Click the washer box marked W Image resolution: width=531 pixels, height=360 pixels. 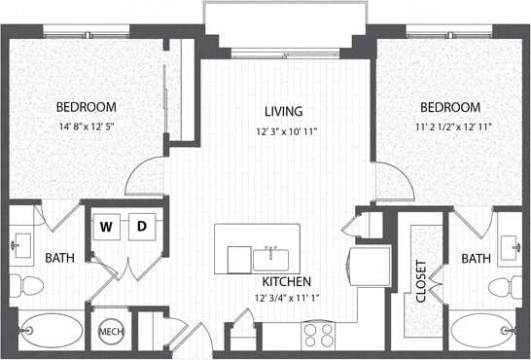pos(108,227)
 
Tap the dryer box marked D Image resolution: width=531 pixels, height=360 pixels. pos(141,227)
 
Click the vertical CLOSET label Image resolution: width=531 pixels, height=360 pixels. pos(421,279)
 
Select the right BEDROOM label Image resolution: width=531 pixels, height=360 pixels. pos(450,107)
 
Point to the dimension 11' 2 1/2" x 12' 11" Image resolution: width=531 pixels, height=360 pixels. pos(450,125)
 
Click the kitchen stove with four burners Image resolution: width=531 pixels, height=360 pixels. pos(317,335)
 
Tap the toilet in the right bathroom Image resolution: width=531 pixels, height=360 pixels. pos(501,286)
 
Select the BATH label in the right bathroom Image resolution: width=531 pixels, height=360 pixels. pos(476,259)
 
